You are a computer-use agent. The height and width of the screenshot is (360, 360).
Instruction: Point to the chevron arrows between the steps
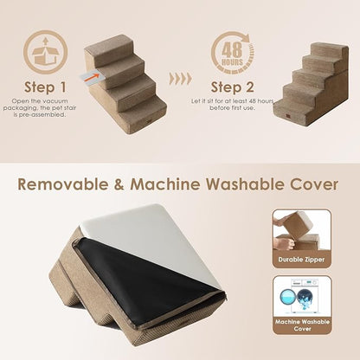pyautogui.click(x=179, y=79)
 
